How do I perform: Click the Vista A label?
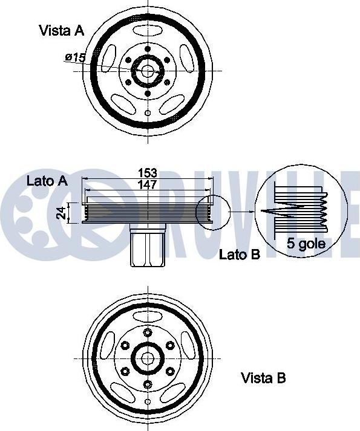tap(62, 30)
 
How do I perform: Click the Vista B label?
tap(263, 378)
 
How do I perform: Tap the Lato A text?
tap(47, 181)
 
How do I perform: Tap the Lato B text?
tap(240, 254)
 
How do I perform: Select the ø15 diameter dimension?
tap(76, 57)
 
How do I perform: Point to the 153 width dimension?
tap(148, 173)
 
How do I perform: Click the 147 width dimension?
tap(148, 184)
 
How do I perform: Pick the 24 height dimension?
tap(61, 212)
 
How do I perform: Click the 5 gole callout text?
tap(306, 244)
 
